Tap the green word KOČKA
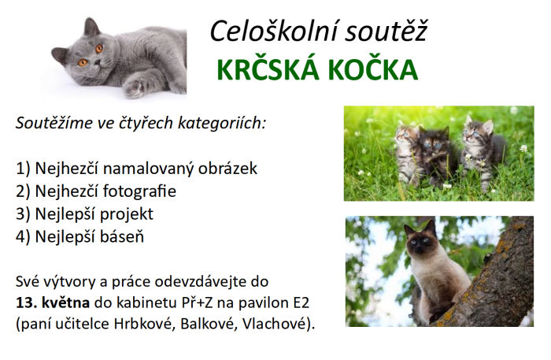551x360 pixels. point(373,70)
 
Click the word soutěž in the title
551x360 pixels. point(386,31)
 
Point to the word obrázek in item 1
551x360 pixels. point(227,169)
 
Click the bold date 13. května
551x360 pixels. point(53,302)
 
